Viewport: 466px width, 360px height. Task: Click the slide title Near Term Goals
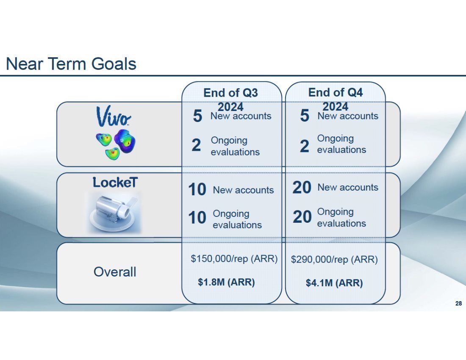click(x=71, y=64)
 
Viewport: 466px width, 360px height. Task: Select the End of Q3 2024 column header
click(x=230, y=100)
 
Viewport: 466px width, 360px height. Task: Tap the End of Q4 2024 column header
click(x=336, y=99)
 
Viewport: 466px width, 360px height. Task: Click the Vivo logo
click(x=113, y=116)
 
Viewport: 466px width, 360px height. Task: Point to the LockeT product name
click(x=115, y=182)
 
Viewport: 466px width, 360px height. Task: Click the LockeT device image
click(x=114, y=212)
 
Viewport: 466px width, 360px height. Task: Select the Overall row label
click(x=115, y=272)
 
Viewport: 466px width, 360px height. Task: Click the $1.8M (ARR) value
click(x=227, y=282)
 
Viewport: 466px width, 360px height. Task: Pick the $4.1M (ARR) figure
click(x=334, y=283)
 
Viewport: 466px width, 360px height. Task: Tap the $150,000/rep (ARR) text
click(x=234, y=259)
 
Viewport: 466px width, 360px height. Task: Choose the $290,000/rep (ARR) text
click(x=334, y=260)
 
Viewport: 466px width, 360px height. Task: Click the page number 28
click(x=458, y=303)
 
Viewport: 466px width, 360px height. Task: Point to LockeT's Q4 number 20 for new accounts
click(x=302, y=188)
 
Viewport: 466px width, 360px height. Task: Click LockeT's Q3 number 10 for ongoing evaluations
click(x=197, y=218)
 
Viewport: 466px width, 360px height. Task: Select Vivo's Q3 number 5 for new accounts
click(x=198, y=116)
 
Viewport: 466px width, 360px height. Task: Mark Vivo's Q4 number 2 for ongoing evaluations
click(x=304, y=146)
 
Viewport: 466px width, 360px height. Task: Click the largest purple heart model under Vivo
click(x=125, y=141)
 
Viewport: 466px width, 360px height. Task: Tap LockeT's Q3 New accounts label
click(x=244, y=190)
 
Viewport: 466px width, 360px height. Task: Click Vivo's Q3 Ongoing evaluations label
click(x=235, y=146)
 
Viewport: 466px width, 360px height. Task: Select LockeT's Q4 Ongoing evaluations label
click(x=341, y=217)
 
